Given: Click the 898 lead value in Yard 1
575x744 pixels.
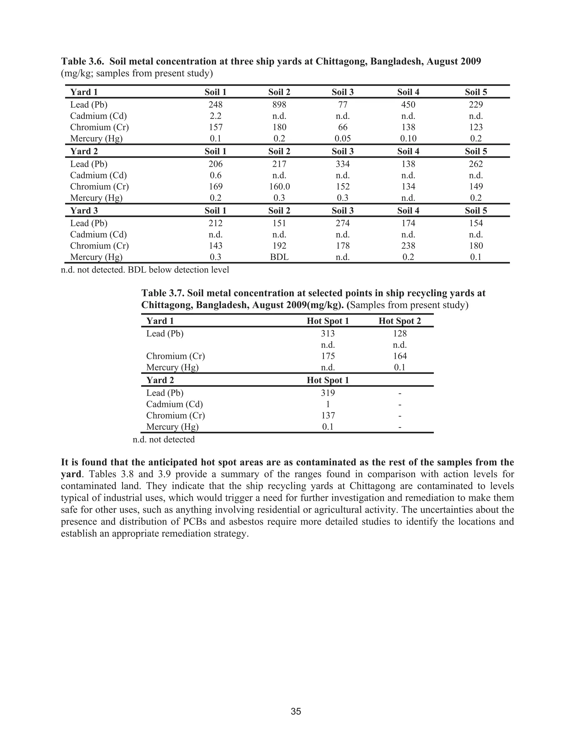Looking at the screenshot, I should pos(279,105).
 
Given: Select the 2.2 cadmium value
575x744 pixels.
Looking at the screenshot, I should pos(215,116).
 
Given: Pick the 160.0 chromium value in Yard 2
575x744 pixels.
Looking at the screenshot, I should pos(279,186).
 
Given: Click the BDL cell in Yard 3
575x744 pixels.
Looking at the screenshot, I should pos(279,257).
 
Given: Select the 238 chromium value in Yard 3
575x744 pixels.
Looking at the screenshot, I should pos(408,246).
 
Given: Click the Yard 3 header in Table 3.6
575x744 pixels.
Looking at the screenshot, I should pos(84,211).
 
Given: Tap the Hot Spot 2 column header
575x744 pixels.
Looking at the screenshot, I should pos(400,321).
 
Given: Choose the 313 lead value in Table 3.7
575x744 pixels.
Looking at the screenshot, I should pos(328,334).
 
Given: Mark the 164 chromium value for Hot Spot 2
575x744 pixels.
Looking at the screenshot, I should pos(400,356).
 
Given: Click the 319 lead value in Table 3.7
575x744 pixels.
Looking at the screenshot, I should pos(328,393).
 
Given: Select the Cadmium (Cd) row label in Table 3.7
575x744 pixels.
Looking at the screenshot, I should pos(174,404).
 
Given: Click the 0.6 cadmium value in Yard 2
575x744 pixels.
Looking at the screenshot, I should pos(215,175).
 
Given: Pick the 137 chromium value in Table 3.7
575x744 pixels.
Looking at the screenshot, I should pos(328,415).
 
